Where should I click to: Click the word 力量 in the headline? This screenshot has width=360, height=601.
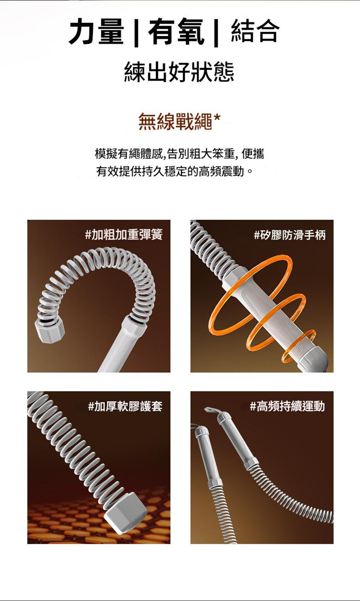click(x=96, y=32)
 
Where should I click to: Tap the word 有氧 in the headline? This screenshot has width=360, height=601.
click(x=176, y=32)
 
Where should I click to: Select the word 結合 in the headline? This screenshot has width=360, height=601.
click(x=255, y=31)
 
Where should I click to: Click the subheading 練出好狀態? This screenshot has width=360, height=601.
click(x=179, y=72)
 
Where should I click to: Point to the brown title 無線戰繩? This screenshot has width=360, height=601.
click(x=175, y=122)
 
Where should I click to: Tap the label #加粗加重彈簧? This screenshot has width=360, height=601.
click(x=124, y=235)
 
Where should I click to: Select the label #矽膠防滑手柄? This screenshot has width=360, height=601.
click(x=290, y=235)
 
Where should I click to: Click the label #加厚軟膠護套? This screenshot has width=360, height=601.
click(x=125, y=406)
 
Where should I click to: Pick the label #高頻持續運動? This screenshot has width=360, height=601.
click(x=287, y=406)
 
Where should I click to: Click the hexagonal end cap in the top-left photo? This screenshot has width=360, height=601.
click(x=50, y=330)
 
